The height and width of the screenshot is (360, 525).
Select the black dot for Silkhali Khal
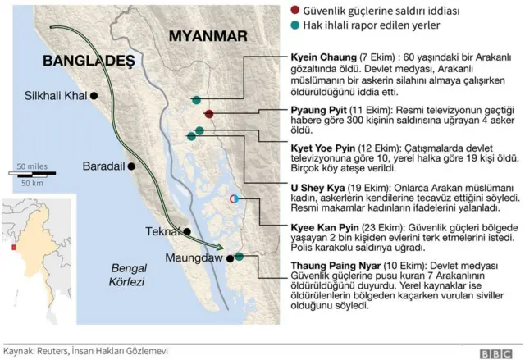(94, 96)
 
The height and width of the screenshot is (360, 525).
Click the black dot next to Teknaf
(187, 231)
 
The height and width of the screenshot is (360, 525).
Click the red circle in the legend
(317, 11)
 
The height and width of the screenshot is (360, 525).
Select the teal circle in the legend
(317, 25)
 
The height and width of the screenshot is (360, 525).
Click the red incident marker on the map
(209, 114)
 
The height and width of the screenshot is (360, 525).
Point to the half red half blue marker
(233, 198)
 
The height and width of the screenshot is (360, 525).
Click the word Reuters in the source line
(52, 350)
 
